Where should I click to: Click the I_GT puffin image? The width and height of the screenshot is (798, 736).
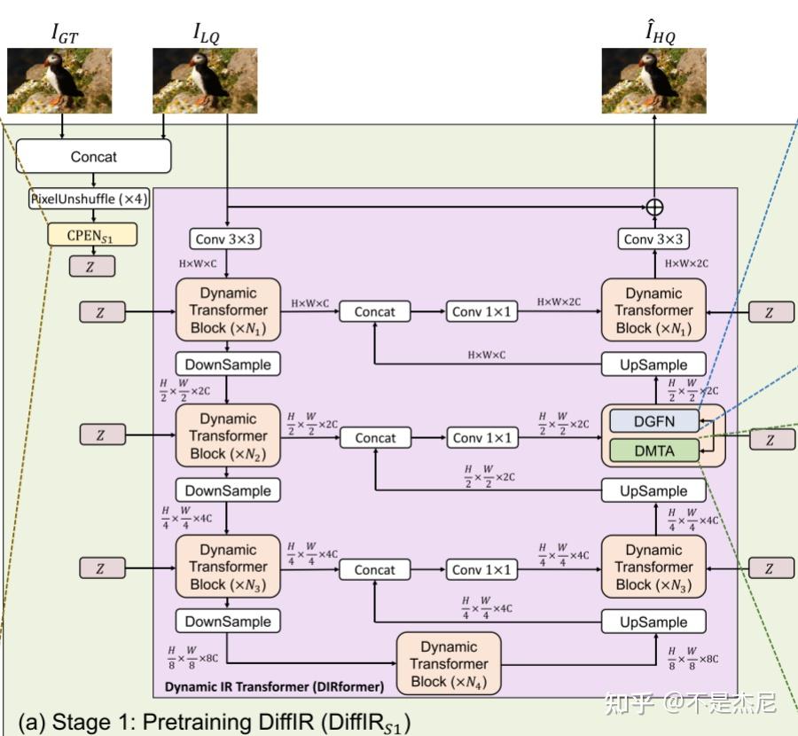59,81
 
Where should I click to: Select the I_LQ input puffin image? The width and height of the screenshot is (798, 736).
205,81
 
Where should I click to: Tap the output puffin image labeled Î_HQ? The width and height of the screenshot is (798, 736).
654,81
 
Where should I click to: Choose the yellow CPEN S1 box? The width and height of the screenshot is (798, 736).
93,235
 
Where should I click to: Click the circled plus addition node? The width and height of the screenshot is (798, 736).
654,207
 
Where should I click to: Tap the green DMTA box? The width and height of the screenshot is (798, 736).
654,451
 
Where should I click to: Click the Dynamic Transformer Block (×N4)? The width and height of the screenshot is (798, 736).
449,664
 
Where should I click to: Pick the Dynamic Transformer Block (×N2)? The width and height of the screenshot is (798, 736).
228,435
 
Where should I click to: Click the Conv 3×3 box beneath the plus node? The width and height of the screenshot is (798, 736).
654,239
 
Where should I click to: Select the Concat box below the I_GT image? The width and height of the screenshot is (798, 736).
93,157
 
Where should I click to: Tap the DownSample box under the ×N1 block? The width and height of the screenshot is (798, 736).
228,364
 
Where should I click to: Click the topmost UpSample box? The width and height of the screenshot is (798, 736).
654,364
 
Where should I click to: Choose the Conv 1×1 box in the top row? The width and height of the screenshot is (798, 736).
480,311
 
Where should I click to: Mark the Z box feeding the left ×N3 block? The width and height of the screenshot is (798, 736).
99,568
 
